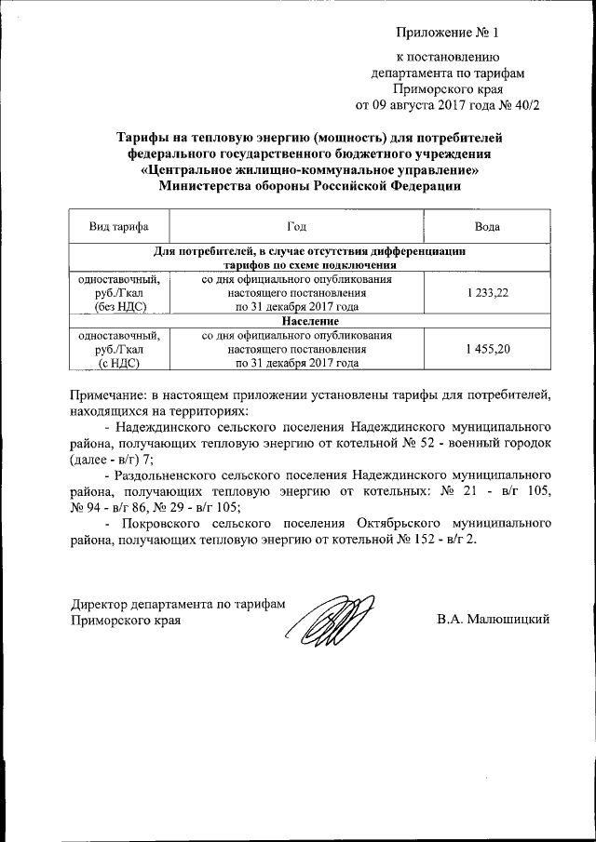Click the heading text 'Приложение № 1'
[448, 33]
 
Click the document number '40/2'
[522, 104]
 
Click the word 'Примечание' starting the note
[110, 392]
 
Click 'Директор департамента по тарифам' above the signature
[177, 602]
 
